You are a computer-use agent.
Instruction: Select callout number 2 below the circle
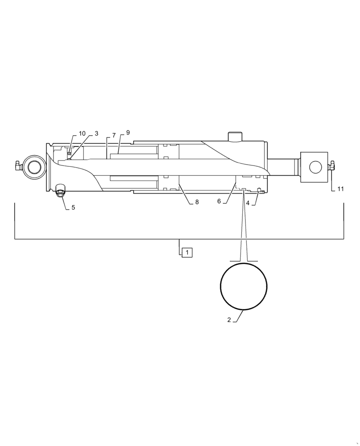(x=229, y=320)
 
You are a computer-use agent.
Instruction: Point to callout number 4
(x=248, y=203)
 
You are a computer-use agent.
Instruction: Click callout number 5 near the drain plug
(x=74, y=207)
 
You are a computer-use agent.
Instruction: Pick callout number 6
(x=219, y=201)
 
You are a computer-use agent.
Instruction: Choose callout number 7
(x=114, y=135)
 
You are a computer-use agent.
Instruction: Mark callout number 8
(x=196, y=202)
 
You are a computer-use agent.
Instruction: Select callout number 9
(x=128, y=133)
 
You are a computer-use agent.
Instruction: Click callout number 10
(x=82, y=134)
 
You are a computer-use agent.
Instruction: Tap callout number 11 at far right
(x=340, y=189)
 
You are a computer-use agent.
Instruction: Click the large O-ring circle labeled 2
(x=244, y=286)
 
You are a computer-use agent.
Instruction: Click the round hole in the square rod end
(x=315, y=167)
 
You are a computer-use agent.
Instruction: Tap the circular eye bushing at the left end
(x=34, y=167)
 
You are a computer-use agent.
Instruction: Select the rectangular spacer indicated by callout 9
(x=134, y=157)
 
